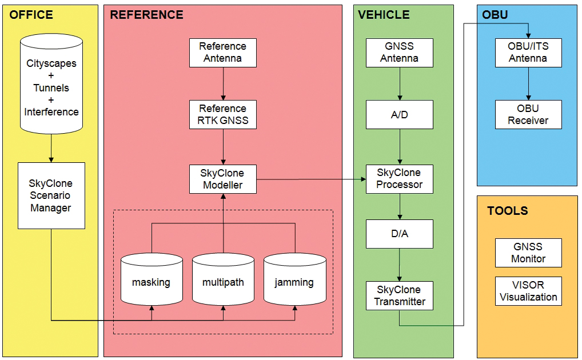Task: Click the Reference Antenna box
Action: [223, 52]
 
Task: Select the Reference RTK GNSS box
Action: [223, 114]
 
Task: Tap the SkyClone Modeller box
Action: [223, 179]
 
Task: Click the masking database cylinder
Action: [152, 279]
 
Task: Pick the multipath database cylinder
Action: [223, 279]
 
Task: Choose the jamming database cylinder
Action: [294, 279]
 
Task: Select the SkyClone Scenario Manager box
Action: [51, 195]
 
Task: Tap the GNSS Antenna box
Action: [399, 52]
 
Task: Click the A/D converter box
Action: [399, 115]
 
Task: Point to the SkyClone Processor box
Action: [399, 179]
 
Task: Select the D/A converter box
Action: [399, 234]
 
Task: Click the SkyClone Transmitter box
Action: [399, 295]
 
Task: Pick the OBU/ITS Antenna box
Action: [528, 52]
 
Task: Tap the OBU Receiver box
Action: [528, 114]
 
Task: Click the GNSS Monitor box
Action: [528, 253]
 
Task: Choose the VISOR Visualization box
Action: [528, 291]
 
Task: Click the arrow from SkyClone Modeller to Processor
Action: [312, 179]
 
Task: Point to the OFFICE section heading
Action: [31, 15]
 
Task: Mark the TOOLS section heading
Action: [507, 211]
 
